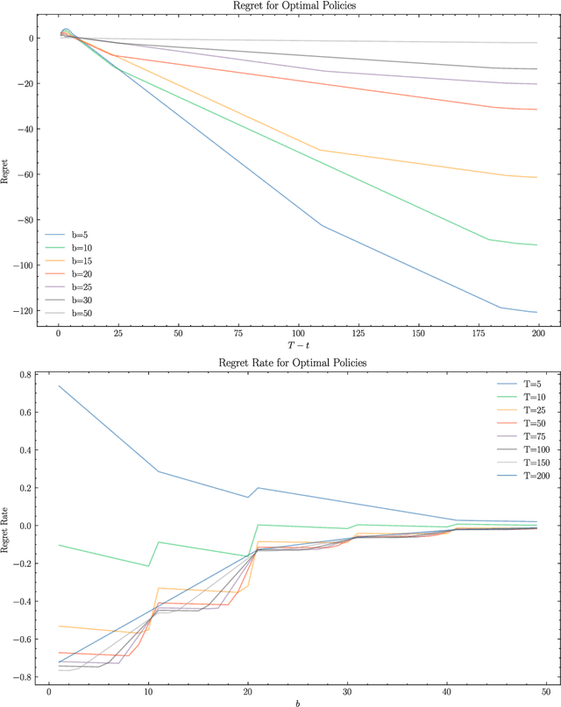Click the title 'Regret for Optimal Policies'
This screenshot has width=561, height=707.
[x=297, y=6]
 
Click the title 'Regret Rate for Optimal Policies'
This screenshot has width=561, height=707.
[x=297, y=363]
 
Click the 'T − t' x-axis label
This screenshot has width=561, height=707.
[x=297, y=348]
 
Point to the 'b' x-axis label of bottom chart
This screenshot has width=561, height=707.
[x=297, y=701]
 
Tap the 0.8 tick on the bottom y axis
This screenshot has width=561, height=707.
[x=25, y=375]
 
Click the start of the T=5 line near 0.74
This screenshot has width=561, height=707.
[x=59, y=385]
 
